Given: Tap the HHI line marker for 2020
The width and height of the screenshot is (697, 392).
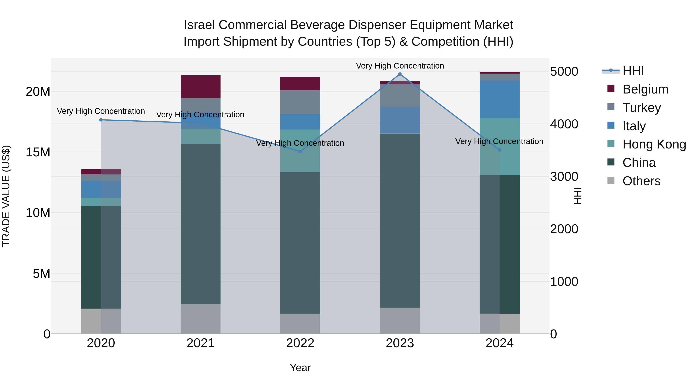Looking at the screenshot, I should tap(101, 120).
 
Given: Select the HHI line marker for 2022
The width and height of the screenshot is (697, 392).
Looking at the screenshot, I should tap(300, 152).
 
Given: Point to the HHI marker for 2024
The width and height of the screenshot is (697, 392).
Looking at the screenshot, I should tap(500, 150).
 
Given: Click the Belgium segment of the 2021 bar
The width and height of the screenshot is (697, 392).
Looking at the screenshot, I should tap(201, 87).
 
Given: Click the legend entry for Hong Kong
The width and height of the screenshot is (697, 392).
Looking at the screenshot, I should tap(654, 144).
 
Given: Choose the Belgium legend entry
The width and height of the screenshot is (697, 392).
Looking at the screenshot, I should tap(645, 89).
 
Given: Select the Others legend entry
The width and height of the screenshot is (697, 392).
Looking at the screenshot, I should tap(641, 181).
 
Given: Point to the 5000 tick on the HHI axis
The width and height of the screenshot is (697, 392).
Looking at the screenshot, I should tap(564, 72).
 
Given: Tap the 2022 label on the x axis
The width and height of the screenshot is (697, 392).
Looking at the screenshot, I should tap(300, 343).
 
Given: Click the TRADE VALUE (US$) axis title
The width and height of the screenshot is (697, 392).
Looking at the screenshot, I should tap(6, 196).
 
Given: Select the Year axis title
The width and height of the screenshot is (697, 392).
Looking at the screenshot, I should tap(300, 368).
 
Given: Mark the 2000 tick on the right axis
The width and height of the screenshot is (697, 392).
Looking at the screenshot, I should tap(564, 229).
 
